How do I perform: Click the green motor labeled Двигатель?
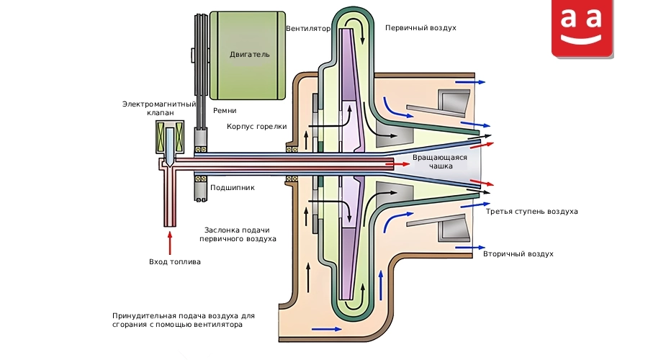tap(248, 55)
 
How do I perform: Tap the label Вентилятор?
tap(308, 29)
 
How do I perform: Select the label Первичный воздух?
tap(420, 27)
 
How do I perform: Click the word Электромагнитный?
tap(159, 104)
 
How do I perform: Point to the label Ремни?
tap(225, 110)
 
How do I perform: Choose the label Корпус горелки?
tap(256, 127)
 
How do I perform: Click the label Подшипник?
tap(233, 188)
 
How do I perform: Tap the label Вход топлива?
tap(175, 261)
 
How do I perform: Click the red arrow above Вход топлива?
tap(169, 243)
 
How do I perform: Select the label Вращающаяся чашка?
tap(440, 161)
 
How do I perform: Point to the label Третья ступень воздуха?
tap(532, 212)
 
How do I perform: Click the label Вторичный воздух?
tap(518, 253)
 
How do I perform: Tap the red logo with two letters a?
tap(582, 27)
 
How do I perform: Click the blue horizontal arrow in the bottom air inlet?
tap(326, 330)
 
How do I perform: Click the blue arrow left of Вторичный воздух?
tap(470, 248)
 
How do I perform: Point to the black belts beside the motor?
tap(201, 71)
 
